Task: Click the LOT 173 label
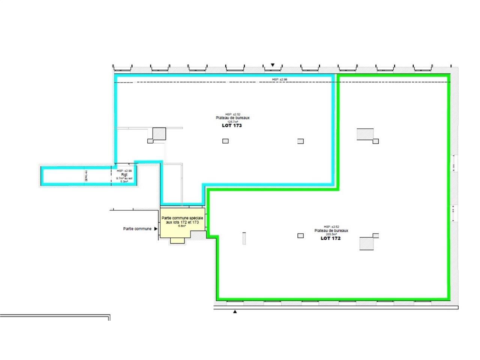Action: [x=232, y=126]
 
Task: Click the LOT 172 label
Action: [x=330, y=238]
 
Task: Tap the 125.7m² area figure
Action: [x=232, y=121]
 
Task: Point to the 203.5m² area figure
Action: [x=331, y=234]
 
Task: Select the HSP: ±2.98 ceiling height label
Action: [x=279, y=79]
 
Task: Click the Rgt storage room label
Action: [x=124, y=174]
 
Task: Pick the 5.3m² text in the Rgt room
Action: [x=124, y=181]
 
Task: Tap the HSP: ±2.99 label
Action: [x=124, y=171]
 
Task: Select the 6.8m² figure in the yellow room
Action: [x=182, y=226]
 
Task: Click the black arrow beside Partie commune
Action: [x=155, y=229]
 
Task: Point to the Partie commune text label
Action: [x=137, y=229]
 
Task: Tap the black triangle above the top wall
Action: [x=273, y=65]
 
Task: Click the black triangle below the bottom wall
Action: [x=235, y=312]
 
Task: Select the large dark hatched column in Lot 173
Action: [x=159, y=133]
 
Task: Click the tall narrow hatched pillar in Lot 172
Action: [x=244, y=238]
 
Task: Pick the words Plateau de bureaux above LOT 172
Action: [x=331, y=231]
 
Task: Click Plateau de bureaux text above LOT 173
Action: [x=232, y=118]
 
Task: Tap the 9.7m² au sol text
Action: [x=124, y=178]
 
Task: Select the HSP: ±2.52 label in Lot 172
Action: [x=331, y=227]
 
